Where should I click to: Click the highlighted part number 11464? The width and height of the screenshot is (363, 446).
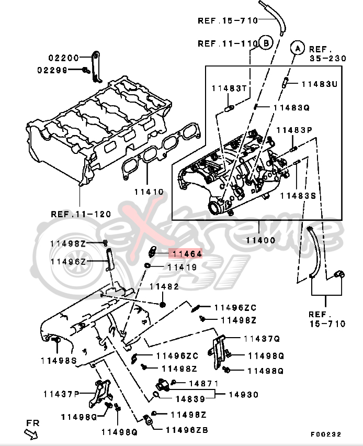pos(185,254)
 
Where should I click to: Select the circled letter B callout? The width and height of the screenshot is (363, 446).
pos(266,43)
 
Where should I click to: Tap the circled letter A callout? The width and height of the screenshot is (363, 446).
pos(297,48)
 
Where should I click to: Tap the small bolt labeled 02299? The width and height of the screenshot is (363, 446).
pos(86,70)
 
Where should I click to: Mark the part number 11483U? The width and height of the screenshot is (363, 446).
pos(320,83)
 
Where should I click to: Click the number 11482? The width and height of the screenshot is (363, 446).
pos(164,286)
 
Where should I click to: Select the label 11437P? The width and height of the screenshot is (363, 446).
pos(61,393)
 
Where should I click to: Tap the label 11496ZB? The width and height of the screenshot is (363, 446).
pos(187,430)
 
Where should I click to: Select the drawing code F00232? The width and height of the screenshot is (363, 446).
pos(325,434)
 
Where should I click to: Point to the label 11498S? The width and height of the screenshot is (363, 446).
pos(59,360)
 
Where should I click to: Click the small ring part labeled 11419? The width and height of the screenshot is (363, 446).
pos(148,266)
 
